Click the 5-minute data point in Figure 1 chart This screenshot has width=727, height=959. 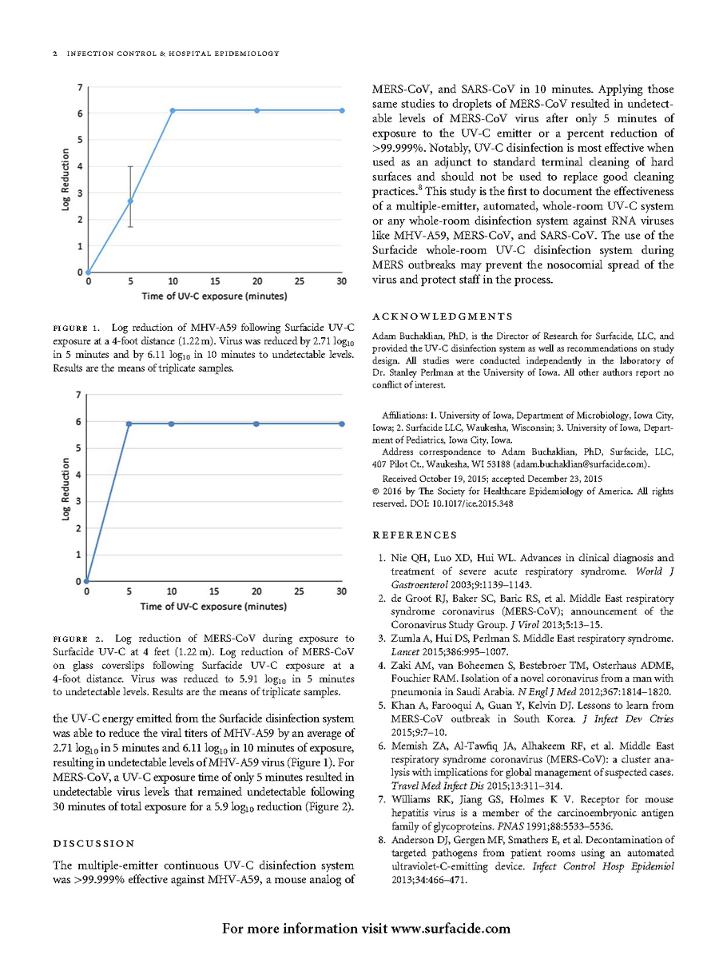[x=130, y=201]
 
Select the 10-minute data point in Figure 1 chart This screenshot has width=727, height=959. [x=173, y=110]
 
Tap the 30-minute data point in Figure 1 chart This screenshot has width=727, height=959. [x=342, y=110]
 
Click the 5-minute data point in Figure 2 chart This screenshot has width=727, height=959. [x=129, y=424]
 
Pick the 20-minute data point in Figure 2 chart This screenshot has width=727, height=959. [x=256, y=424]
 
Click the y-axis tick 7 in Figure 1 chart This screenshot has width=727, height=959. [x=78, y=86]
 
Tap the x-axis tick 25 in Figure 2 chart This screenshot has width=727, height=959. [x=299, y=592]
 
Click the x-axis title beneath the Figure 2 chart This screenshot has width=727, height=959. [x=214, y=607]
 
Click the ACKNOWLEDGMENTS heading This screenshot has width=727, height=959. [x=443, y=318]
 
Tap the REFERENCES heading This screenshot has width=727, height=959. [x=415, y=535]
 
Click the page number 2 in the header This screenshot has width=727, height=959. [x=54, y=54]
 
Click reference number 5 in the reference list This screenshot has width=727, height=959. [x=382, y=706]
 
